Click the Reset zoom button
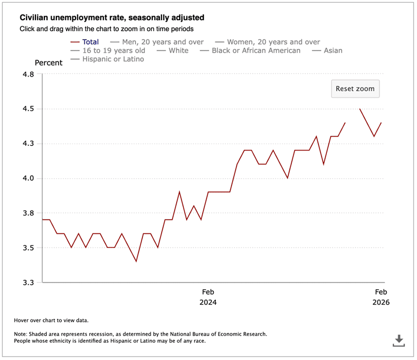click(355, 89)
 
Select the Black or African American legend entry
click(256, 51)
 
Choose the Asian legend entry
click(332, 51)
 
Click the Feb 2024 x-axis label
click(208, 297)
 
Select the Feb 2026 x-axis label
click(381, 297)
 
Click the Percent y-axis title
click(48, 63)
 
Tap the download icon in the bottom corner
click(399, 340)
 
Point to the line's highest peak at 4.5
click(360, 109)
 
